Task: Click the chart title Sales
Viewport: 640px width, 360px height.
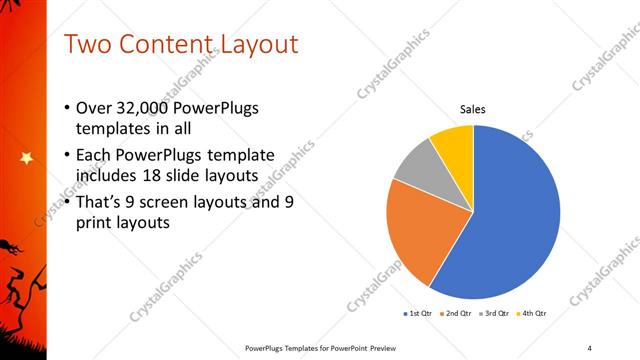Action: (473, 109)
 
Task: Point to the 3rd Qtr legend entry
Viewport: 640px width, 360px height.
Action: (496, 314)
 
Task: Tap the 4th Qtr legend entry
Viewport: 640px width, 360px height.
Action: (532, 314)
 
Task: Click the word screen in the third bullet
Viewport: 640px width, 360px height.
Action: (174, 203)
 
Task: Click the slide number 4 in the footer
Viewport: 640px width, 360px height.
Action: (590, 348)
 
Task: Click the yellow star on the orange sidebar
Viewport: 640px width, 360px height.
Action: (25, 157)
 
